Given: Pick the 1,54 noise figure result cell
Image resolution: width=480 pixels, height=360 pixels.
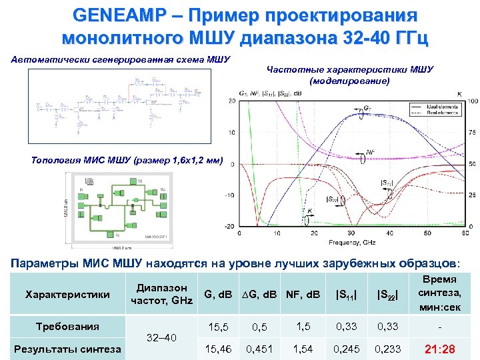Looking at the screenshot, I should [x=303, y=349].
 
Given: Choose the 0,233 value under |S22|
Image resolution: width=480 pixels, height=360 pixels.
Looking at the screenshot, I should [x=389, y=349].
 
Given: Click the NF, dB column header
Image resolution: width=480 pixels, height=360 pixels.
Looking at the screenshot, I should [x=303, y=294].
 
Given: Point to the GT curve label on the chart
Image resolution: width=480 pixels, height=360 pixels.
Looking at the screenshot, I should [x=368, y=108].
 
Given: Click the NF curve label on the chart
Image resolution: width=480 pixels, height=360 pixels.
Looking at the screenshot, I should [x=371, y=152].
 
